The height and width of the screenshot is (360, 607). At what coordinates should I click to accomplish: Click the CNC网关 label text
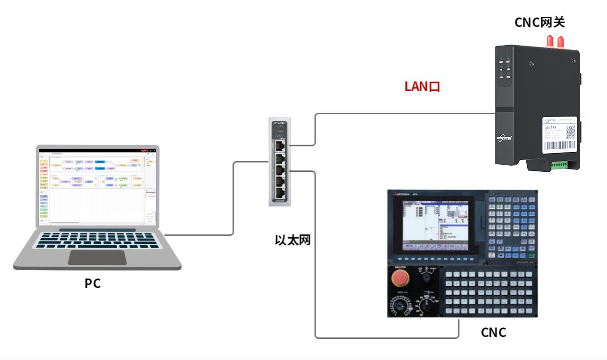539,22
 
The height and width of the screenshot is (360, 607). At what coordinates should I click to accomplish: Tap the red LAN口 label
422,86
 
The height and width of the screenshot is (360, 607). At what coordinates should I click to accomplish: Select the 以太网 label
292,240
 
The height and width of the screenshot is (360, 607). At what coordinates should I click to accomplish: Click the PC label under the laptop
93,283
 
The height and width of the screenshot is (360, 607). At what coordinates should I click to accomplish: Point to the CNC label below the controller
493,332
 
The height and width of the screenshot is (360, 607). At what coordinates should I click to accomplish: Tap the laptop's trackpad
97,257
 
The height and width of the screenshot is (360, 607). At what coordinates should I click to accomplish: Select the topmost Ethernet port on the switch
279,144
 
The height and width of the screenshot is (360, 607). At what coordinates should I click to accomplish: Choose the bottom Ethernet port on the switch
279,194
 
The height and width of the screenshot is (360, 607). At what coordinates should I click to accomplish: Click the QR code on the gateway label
571,132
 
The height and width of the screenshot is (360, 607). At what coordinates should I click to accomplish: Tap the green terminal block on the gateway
558,165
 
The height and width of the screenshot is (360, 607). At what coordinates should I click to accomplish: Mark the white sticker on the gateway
559,134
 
